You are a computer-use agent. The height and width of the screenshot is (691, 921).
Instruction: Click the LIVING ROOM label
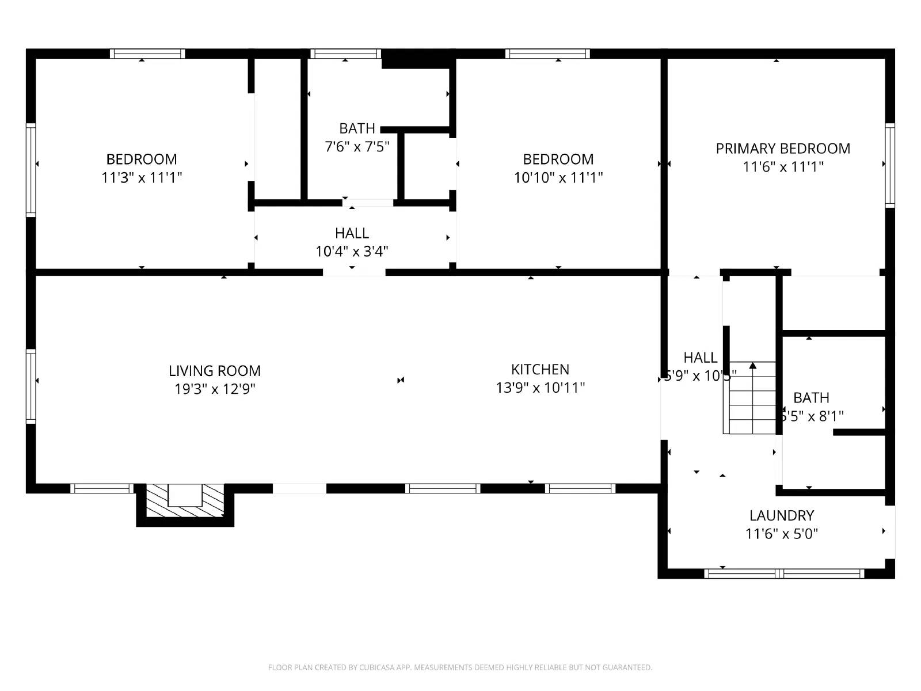[214, 371]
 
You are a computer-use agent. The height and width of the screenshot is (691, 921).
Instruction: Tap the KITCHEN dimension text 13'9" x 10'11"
[540, 388]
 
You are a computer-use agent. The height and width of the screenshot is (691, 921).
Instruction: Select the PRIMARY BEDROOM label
[783, 149]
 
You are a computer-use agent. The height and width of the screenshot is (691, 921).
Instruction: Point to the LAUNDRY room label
[781, 515]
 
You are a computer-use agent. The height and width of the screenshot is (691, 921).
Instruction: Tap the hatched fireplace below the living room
[185, 500]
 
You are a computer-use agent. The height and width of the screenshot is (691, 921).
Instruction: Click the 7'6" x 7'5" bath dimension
[357, 147]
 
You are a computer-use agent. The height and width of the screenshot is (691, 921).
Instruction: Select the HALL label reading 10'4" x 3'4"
[352, 233]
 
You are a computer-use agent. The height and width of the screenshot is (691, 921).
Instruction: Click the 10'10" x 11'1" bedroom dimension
[558, 177]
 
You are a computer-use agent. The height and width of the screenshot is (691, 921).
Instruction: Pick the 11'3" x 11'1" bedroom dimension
[142, 177]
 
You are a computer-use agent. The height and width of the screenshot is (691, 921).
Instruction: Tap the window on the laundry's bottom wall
[783, 574]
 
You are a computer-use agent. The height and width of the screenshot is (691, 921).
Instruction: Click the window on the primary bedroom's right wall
[890, 165]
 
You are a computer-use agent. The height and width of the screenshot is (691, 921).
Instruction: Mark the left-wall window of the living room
[31, 386]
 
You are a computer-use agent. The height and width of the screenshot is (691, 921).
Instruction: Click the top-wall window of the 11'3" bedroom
[147, 54]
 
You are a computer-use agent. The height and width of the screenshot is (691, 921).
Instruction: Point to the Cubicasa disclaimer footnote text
[460, 667]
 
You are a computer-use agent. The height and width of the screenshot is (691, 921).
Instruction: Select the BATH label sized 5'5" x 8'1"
[811, 398]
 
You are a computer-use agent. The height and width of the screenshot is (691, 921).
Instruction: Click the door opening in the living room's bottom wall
[299, 488]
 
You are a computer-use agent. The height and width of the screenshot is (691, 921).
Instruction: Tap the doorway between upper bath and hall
[368, 203]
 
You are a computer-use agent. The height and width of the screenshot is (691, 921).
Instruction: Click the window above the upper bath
[345, 54]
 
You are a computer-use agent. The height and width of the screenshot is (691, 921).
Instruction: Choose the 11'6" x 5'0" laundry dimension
[781, 534]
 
